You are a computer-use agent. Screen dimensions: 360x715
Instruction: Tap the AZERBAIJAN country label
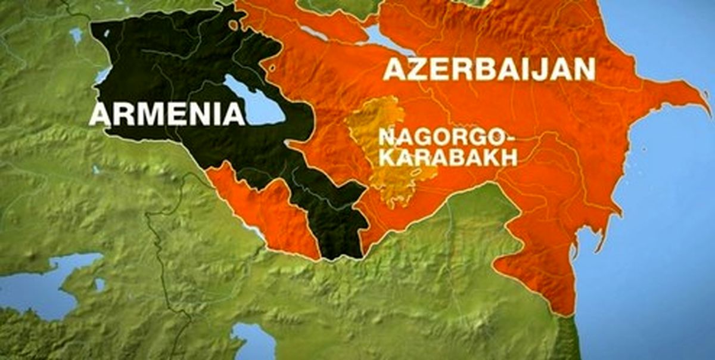click(x=489, y=69)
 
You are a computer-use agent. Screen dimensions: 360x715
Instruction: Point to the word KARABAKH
click(x=447, y=157)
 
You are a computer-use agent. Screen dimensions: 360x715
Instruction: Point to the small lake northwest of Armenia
click(x=76, y=36)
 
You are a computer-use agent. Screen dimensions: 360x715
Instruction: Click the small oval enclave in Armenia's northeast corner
click(x=234, y=24)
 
